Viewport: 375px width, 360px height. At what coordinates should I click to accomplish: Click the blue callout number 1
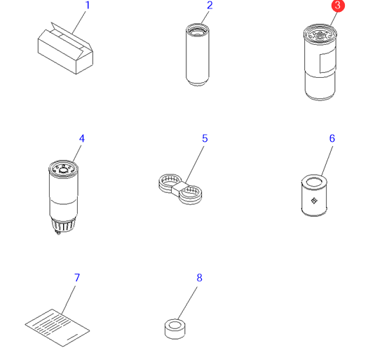[88, 6]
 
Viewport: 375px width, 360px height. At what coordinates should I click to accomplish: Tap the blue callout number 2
[210, 6]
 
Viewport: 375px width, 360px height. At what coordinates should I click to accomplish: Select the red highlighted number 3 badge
[338, 6]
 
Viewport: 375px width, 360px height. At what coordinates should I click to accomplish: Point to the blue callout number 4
[82, 138]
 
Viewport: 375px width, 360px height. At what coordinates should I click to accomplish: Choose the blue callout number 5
[205, 138]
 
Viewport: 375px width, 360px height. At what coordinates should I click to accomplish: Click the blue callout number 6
[332, 138]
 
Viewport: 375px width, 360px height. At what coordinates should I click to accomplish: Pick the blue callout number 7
[77, 278]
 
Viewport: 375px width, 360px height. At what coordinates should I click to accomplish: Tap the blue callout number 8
[200, 278]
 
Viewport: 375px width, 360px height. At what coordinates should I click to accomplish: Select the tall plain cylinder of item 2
[198, 55]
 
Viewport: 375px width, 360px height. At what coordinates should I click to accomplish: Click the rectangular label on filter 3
[327, 61]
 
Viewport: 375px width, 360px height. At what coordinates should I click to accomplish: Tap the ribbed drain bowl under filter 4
[64, 225]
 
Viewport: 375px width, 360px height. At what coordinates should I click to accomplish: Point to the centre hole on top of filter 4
[64, 171]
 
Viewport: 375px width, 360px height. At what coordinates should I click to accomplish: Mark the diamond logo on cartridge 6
[314, 201]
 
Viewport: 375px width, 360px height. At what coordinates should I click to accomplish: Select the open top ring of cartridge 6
[315, 181]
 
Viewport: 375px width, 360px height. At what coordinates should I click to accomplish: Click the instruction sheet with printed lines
[57, 328]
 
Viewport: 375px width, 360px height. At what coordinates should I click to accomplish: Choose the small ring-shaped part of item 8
[175, 329]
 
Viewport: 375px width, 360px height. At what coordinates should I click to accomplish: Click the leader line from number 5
[195, 164]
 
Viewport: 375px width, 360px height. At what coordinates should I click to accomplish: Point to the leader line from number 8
[188, 303]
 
